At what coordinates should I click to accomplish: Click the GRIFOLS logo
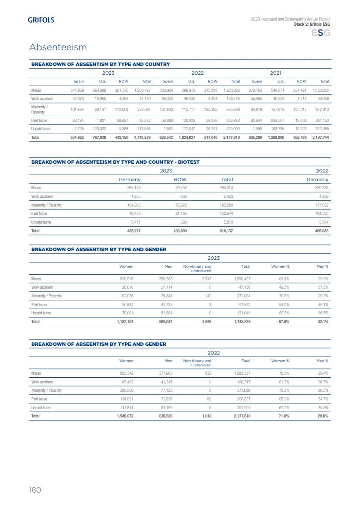(41, 20)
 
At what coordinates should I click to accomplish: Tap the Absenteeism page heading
(58, 47)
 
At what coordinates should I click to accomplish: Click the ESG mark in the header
(321, 33)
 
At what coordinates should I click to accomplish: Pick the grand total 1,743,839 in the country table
(142, 137)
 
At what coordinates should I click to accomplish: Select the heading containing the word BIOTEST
(116, 162)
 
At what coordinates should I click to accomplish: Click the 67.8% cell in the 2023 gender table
(284, 322)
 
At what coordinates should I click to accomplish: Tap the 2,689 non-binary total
(204, 322)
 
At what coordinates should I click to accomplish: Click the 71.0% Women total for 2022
(284, 416)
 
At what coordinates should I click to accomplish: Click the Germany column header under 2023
(130, 179)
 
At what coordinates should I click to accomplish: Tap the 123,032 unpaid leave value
(99, 129)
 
